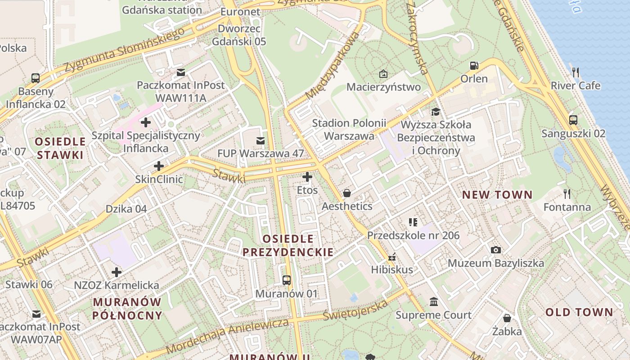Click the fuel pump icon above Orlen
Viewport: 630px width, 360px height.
tap(473, 66)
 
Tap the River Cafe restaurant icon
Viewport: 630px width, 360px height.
tap(575, 72)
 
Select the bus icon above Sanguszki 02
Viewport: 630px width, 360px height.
tap(573, 120)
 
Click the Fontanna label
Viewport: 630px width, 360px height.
tap(567, 207)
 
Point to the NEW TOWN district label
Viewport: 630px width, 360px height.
tap(497, 195)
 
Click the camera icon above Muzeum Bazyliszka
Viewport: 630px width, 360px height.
tap(495, 250)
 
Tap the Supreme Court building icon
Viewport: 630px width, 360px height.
tap(434, 301)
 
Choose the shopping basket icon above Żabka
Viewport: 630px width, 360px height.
tap(507, 318)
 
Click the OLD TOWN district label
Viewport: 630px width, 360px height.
tap(579, 312)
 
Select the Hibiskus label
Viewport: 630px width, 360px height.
tap(392, 270)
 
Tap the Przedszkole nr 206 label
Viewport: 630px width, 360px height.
tap(413, 235)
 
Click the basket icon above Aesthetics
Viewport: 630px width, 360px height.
tap(347, 193)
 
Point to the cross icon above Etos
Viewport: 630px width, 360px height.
tap(307, 177)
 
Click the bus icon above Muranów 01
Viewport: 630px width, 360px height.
tap(287, 280)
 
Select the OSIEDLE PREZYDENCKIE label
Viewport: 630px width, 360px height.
tap(288, 245)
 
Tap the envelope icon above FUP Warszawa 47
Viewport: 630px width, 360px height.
tap(260, 141)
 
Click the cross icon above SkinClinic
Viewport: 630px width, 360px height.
tap(159, 166)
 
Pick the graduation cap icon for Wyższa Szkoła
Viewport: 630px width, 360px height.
tap(436, 112)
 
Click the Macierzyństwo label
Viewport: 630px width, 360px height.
tap(384, 87)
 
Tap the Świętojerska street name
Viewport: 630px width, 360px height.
tap(355, 310)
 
